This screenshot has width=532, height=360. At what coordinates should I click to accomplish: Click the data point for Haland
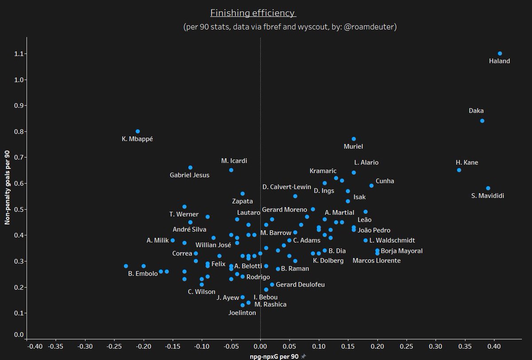(x=500, y=54)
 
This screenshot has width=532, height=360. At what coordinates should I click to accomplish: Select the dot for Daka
(x=482, y=121)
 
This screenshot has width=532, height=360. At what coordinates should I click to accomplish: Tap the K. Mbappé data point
(x=137, y=131)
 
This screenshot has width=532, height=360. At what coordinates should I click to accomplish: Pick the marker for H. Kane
(x=459, y=170)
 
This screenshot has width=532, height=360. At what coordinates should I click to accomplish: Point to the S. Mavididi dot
(x=488, y=188)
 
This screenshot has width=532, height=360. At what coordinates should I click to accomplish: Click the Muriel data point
(x=353, y=139)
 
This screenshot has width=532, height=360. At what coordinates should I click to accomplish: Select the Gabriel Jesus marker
(x=190, y=168)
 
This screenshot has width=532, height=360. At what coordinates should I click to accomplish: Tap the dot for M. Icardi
(x=231, y=170)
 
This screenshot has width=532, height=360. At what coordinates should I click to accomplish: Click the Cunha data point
(x=371, y=186)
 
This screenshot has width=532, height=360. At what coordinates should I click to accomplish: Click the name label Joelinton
(x=242, y=313)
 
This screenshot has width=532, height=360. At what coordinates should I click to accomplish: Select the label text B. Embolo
(x=143, y=274)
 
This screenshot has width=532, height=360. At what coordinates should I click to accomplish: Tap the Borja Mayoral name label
(x=402, y=251)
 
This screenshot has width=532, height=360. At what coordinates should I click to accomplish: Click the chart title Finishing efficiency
(x=253, y=12)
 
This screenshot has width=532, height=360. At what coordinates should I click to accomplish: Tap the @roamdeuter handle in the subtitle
(x=370, y=27)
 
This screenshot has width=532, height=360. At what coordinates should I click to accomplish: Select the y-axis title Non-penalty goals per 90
(x=8, y=187)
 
